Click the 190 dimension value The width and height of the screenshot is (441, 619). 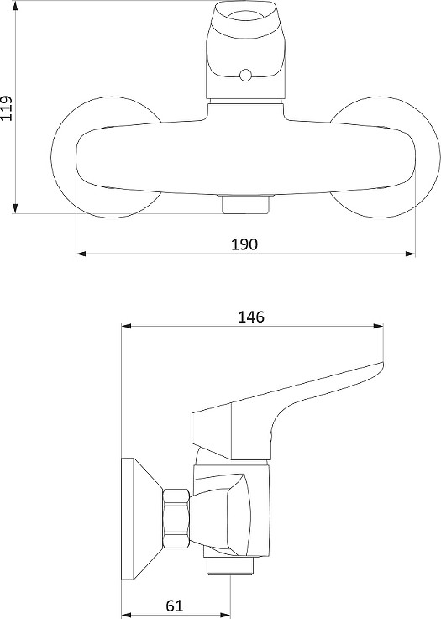click(244, 244)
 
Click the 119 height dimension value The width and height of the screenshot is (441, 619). click(7, 108)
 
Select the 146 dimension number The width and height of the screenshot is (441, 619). click(250, 317)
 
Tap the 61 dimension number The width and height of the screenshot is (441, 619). click(175, 606)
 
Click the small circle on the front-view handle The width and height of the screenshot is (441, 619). click(245, 75)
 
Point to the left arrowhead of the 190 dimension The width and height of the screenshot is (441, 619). click(81, 254)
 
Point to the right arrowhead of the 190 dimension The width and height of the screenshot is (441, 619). click(411, 254)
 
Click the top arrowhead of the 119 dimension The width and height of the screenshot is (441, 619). click(15, 6)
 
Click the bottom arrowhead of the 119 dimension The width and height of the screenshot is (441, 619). click(15, 208)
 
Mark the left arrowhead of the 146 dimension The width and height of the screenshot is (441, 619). click(126, 326)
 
